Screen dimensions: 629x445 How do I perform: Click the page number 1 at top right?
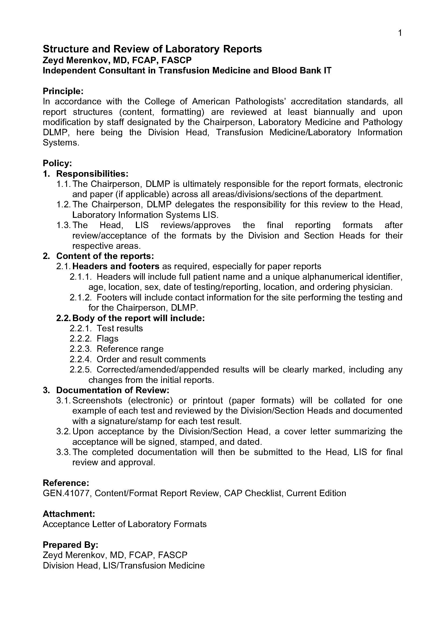400,33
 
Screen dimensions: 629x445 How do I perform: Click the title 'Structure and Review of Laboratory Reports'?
152,49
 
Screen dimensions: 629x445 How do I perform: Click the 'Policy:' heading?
57,163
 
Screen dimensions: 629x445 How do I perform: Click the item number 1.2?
63,204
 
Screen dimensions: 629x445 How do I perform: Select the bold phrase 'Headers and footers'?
116,266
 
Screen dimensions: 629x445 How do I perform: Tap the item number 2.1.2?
80,297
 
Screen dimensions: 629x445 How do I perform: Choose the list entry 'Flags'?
107,339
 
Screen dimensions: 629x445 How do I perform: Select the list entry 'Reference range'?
130,349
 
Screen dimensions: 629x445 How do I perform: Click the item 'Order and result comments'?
151,359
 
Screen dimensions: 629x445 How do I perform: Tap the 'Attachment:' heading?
69,514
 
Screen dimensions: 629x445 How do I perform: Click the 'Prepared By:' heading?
70,545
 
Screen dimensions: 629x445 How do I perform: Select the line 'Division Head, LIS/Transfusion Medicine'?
123,566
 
